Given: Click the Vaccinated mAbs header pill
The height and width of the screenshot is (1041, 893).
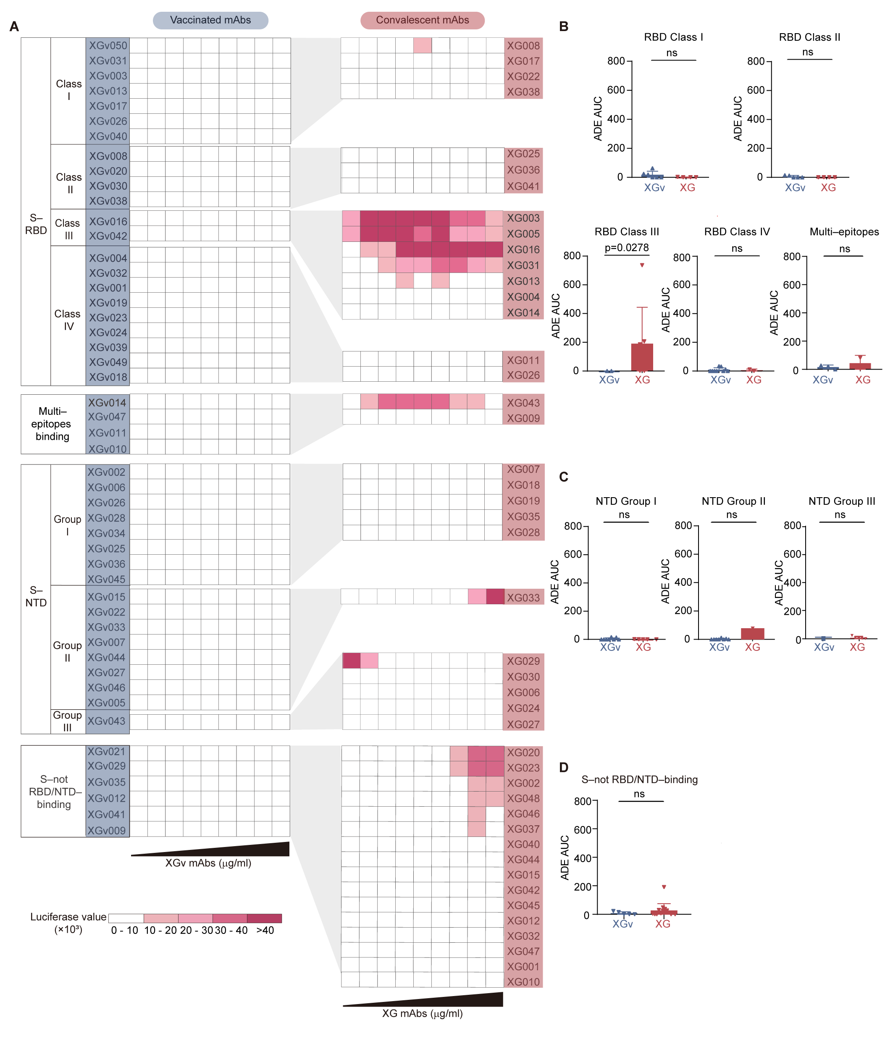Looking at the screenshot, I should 210,20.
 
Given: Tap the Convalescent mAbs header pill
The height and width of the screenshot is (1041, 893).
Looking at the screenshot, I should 422,20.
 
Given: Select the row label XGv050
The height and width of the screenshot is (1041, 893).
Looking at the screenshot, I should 108,45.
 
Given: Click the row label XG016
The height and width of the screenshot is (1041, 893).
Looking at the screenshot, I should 523,250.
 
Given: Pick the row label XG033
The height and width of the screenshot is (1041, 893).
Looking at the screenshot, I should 523,598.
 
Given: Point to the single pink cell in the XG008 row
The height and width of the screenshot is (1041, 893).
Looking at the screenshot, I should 422,45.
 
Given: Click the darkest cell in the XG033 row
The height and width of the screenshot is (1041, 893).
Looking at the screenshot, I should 494,596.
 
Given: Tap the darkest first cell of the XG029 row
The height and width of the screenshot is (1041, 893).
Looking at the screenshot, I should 351,661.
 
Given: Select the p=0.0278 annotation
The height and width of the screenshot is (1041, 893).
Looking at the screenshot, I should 626,248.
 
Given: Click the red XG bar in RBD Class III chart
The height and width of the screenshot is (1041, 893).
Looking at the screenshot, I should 642,357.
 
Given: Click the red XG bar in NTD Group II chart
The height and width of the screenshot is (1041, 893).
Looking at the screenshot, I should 752,633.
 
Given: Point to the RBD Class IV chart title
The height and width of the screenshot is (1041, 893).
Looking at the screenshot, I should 737,232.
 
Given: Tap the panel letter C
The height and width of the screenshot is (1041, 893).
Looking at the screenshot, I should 563,477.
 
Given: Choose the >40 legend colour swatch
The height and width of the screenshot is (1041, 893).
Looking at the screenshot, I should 264,918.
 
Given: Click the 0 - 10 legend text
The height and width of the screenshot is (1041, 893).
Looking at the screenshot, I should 125,931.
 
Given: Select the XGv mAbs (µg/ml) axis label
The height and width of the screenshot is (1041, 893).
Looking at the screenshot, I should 208,863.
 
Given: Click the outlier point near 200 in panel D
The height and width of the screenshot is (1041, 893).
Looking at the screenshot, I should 663,887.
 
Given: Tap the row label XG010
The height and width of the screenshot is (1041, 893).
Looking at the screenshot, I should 523,982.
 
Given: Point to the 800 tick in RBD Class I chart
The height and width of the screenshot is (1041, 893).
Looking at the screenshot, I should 616,61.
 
